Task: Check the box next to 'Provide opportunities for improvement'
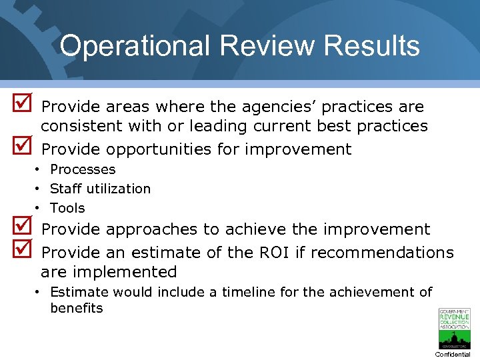pyautogui.click(x=20, y=147)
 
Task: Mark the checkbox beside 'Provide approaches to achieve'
pyautogui.click(x=20, y=227)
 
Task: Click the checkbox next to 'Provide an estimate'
pyautogui.click(x=20, y=251)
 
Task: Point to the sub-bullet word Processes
pyautogui.click(x=83, y=169)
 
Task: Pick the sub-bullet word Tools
pyautogui.click(x=67, y=208)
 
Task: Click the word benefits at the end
pyautogui.click(x=76, y=308)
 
